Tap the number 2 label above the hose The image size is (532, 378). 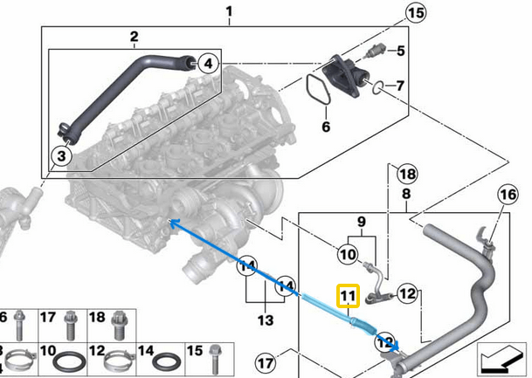tap(134, 37)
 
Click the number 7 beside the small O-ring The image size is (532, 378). tap(401, 87)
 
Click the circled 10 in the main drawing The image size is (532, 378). tap(348, 254)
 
